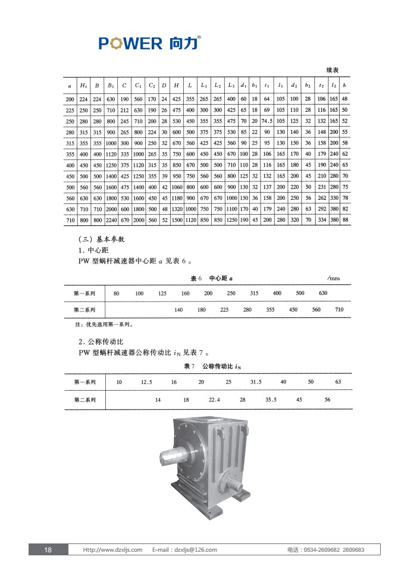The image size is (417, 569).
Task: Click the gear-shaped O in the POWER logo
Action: [x=114, y=43]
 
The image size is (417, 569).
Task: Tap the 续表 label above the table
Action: [x=333, y=70]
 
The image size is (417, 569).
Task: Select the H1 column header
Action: [x=84, y=86]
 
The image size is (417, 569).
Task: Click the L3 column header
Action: [x=231, y=86]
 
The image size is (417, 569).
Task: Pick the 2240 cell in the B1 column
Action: [x=111, y=220]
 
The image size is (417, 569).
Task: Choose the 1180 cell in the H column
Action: [x=176, y=198]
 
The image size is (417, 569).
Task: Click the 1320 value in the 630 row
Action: [x=176, y=209]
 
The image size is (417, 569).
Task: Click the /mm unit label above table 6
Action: [x=333, y=278]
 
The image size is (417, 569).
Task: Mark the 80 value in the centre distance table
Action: [x=117, y=294]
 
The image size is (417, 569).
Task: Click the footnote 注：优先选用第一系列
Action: [x=99, y=325]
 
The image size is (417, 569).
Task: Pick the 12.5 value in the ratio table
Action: [x=146, y=382]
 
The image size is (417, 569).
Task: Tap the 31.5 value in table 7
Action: [x=256, y=382]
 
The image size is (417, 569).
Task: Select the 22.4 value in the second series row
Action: [x=214, y=400]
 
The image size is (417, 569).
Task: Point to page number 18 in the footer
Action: [x=48, y=550]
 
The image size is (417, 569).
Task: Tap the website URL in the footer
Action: [x=112, y=550]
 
